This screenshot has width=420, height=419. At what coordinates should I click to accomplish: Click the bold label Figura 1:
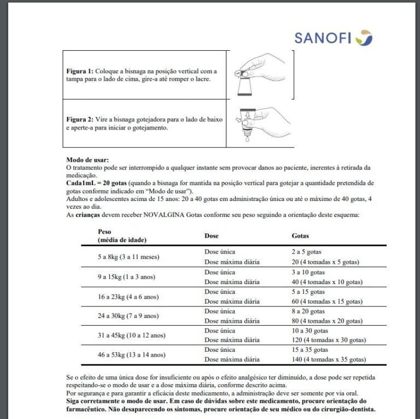(80, 71)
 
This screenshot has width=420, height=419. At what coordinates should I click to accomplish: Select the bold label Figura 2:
(80, 119)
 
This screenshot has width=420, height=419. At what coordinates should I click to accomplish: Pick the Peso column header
(104, 232)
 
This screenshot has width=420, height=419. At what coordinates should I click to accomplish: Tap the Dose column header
(211, 235)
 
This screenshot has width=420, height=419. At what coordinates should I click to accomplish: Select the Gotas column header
(300, 235)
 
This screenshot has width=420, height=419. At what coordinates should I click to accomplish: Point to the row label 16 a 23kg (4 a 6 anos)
(128, 297)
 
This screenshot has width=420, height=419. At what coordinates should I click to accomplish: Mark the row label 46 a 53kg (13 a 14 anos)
(131, 355)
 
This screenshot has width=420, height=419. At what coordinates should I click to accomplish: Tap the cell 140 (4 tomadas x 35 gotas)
(328, 359)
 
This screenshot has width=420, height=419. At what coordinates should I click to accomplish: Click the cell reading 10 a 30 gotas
(310, 331)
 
